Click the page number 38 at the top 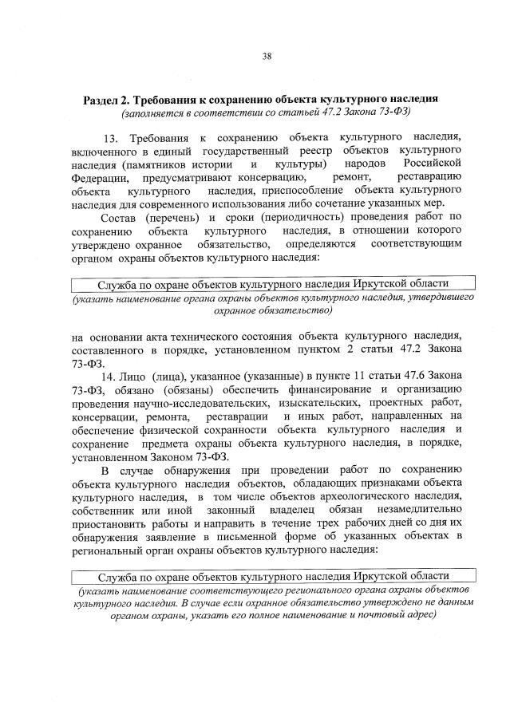[x=267, y=56]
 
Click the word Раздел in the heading [x=105, y=100]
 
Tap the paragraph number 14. [x=109, y=375]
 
